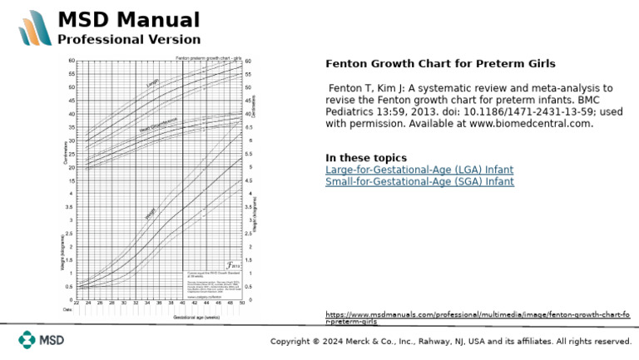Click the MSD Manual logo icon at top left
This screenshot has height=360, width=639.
[35, 27]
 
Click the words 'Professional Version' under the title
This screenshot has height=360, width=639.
[129, 39]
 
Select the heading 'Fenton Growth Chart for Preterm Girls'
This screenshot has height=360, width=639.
[440, 63]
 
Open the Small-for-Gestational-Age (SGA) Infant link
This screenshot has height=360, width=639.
[419, 181]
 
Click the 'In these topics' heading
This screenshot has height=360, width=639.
[366, 158]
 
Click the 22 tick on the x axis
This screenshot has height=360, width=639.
[77, 304]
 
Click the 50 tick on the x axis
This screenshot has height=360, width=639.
[242, 304]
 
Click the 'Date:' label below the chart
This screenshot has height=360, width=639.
[68, 310]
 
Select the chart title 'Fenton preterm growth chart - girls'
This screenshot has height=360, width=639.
[208, 57]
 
